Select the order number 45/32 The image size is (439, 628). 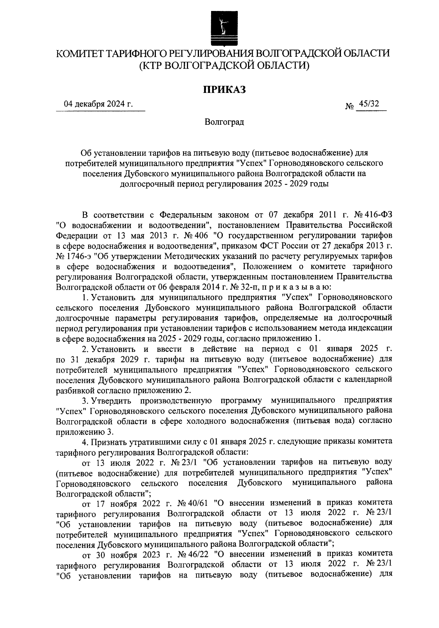[x=368, y=104]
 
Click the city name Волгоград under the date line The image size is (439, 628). [x=224, y=122]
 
